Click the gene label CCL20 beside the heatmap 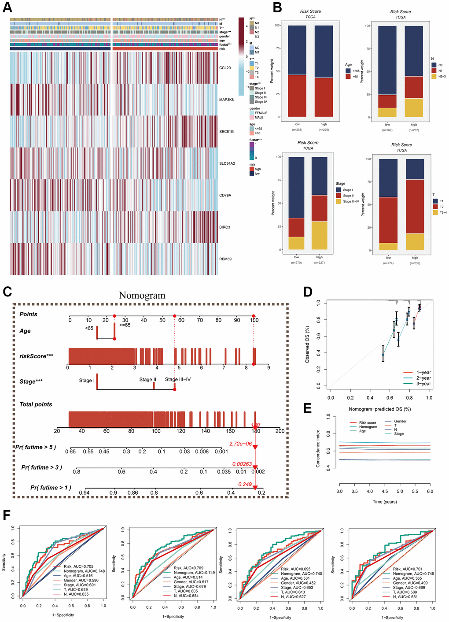225,68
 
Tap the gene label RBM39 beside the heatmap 225,259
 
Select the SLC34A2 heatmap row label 227,163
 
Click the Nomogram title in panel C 142,295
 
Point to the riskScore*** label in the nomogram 36,356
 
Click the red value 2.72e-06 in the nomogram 240,444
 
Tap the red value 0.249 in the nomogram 245,484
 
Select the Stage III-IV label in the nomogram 178,379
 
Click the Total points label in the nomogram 36,404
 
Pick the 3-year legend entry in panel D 423,384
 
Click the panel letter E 307,408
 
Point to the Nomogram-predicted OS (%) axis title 379,409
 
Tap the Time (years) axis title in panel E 384,502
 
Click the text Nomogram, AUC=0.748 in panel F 84,571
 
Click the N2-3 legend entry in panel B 442,76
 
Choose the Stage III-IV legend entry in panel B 351,201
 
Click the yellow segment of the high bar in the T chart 415,242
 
